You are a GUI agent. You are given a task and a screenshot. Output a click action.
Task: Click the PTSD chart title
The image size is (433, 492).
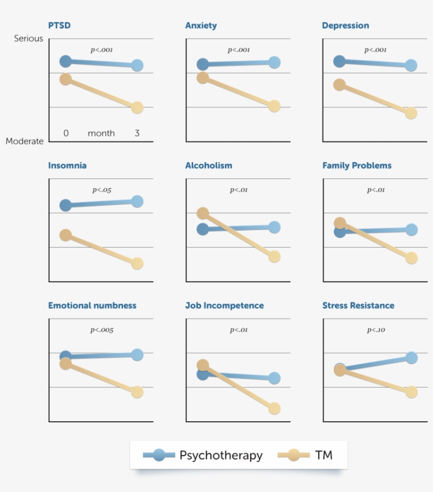(x=59, y=25)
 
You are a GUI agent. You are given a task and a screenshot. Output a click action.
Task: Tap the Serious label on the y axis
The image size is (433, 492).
(x=29, y=39)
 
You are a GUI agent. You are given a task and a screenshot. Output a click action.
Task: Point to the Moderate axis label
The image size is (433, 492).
(x=25, y=141)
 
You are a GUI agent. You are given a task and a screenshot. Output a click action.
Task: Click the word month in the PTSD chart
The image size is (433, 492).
(x=101, y=134)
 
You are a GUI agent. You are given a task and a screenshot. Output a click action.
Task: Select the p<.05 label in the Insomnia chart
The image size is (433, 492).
(x=101, y=190)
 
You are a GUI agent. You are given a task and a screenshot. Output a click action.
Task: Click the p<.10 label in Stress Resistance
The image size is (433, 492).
(x=376, y=330)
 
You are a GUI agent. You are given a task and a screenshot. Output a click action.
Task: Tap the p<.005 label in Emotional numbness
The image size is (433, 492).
(x=101, y=330)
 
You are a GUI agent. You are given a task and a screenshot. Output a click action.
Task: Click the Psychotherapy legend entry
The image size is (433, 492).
(x=220, y=455)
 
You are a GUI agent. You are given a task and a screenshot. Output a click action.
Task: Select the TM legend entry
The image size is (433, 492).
(x=323, y=455)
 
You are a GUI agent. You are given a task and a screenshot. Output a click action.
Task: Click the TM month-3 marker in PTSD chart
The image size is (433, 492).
(x=137, y=107)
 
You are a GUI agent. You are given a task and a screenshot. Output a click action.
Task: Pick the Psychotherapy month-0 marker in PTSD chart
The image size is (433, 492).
(x=65, y=61)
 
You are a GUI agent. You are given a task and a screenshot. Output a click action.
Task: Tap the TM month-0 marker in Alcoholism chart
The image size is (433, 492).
(x=203, y=213)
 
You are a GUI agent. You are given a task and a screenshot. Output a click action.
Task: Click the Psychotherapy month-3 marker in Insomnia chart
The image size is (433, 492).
(x=137, y=202)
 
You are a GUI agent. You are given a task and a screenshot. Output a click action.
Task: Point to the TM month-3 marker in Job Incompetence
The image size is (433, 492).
(x=274, y=409)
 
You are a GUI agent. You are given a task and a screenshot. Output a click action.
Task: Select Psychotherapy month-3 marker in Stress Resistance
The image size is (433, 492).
(x=411, y=358)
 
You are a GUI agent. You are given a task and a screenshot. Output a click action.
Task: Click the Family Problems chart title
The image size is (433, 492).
(x=357, y=165)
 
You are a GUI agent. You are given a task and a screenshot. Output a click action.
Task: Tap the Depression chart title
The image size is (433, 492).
(x=345, y=25)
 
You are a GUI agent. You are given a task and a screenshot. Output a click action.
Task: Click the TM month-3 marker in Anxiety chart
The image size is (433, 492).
(x=274, y=106)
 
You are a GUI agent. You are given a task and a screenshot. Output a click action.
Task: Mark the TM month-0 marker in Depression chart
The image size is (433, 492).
(x=340, y=84)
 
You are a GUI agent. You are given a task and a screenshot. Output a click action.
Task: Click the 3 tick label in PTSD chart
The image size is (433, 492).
(x=137, y=134)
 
